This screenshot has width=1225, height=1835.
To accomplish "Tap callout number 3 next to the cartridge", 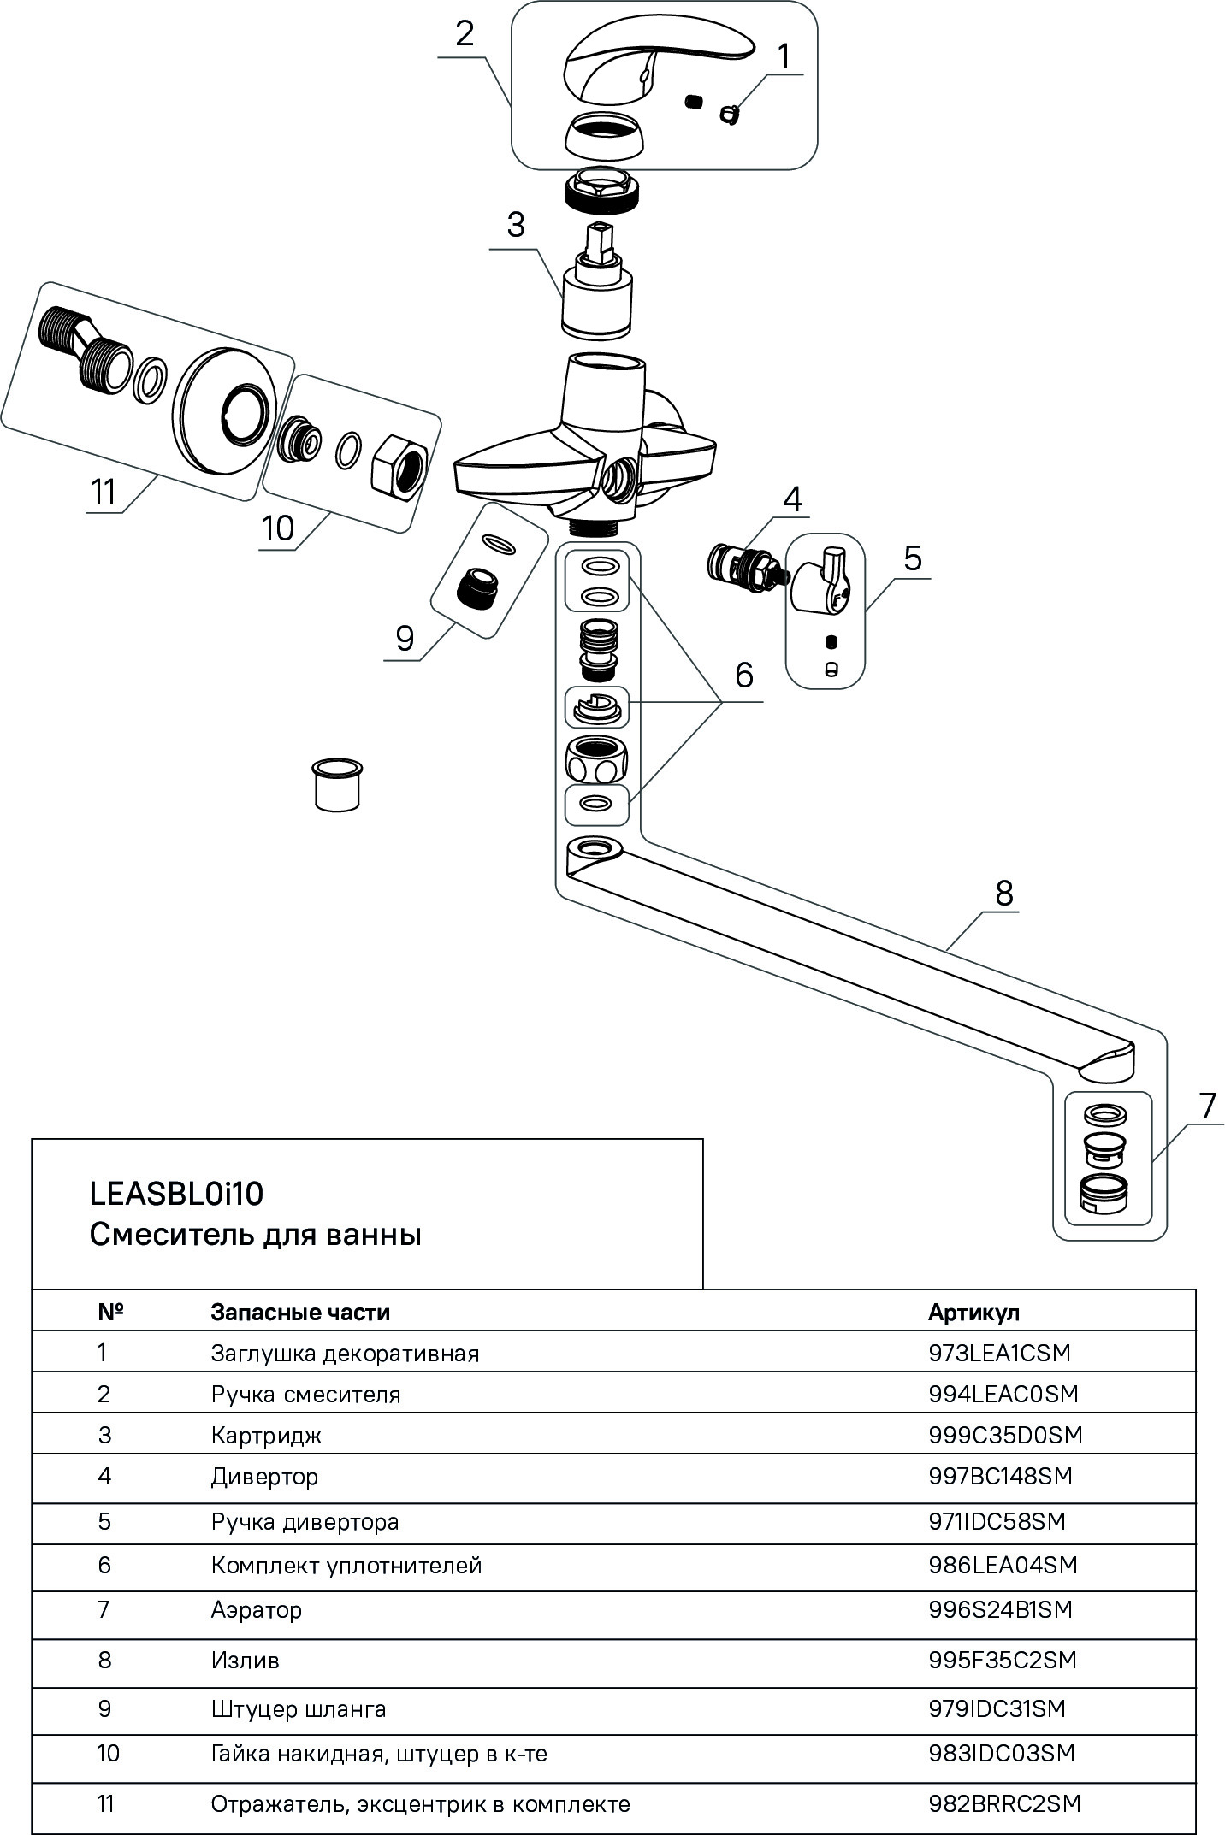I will tap(515, 225).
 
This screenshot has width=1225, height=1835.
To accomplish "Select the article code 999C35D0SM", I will tap(1005, 1435).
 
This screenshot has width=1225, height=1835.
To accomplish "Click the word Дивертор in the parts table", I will tap(264, 1477).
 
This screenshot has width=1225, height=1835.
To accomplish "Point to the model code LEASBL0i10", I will tap(176, 1194).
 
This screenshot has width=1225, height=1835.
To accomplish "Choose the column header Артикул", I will tap(973, 1312).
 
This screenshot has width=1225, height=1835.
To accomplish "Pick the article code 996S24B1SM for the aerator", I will tap(1000, 1610).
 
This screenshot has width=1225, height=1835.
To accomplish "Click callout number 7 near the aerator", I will tap(1207, 1106).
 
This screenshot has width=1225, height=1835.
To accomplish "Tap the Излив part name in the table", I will tap(245, 1661).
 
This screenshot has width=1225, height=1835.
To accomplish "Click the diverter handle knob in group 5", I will tap(820, 582).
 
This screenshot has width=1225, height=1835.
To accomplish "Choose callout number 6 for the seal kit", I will tap(743, 675).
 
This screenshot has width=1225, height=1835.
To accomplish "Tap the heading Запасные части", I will tap(300, 1312).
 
